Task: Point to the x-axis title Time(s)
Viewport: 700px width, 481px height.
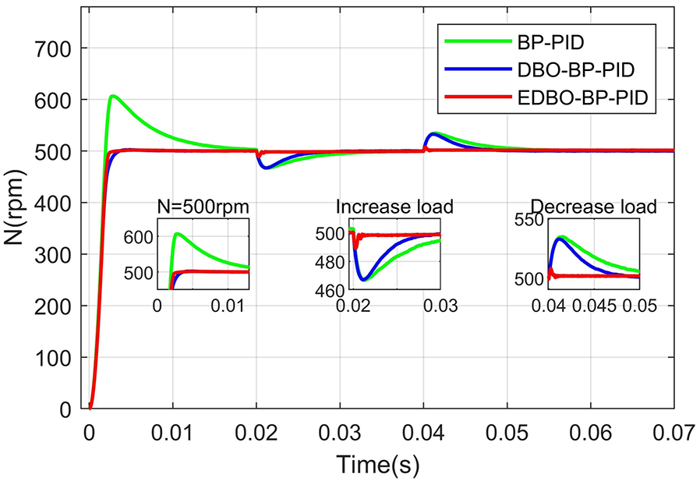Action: point(377,464)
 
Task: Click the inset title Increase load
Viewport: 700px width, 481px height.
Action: point(394,207)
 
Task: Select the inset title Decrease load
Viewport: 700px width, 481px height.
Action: point(593,207)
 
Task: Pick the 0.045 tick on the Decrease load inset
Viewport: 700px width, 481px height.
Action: point(594,306)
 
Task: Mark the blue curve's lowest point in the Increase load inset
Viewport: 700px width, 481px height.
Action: point(363,278)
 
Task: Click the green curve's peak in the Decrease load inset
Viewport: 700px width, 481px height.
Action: point(560,236)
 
